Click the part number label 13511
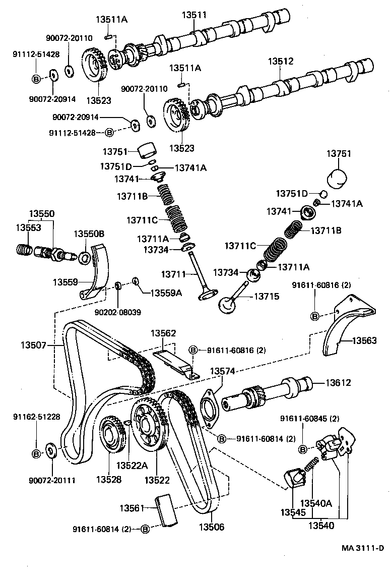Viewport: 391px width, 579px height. point(195,16)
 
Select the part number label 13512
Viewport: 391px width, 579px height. point(280,62)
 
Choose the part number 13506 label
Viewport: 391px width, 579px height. point(212,528)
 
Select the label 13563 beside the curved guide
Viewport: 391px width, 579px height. point(364,341)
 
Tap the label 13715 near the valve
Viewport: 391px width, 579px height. point(266,297)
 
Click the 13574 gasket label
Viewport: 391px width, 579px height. point(223,371)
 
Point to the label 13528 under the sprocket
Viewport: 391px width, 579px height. point(109,480)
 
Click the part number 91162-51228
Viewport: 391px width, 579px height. point(36,417)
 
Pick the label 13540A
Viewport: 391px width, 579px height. point(316,503)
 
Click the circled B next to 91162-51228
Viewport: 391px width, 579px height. point(36,454)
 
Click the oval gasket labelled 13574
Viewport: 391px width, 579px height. point(209,407)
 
